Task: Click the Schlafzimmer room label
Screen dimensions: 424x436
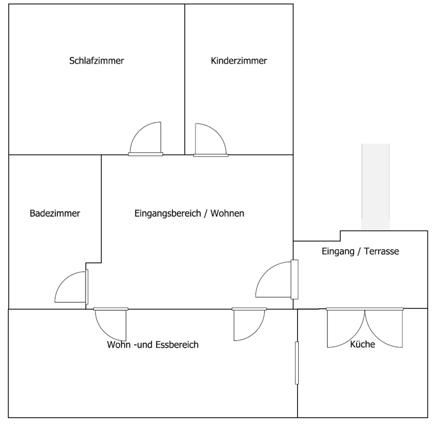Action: click(96, 60)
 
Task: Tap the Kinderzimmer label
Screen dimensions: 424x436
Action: click(239, 60)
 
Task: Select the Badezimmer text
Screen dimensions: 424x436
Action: click(55, 213)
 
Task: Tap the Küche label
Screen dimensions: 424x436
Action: click(362, 344)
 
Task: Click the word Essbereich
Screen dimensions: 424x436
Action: click(177, 345)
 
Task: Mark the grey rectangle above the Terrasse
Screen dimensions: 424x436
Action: click(375, 187)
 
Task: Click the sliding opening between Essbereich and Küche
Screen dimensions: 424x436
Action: click(297, 363)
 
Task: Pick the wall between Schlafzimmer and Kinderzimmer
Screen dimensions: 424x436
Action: click(184, 77)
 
